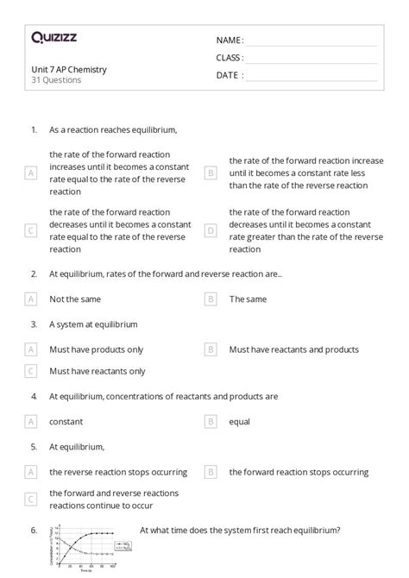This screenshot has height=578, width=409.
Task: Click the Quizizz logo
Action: (x=53, y=37)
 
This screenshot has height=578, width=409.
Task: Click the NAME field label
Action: (x=230, y=41)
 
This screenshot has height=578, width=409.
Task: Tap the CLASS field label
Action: (x=230, y=58)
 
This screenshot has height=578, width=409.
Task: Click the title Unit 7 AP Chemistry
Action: (x=69, y=69)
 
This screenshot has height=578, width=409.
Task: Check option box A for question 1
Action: (x=31, y=173)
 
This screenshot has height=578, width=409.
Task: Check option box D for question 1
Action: (x=210, y=230)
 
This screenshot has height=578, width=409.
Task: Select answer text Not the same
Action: (x=75, y=299)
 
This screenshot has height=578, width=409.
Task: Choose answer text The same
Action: (x=249, y=299)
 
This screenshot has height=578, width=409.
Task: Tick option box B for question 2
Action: (x=210, y=299)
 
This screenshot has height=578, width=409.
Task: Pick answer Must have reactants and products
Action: (x=293, y=349)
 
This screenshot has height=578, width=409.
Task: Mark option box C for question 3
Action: (x=31, y=371)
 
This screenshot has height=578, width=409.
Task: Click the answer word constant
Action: (x=66, y=422)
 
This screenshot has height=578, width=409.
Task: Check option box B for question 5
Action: (x=210, y=472)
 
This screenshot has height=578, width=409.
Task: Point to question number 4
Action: (x=34, y=397)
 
